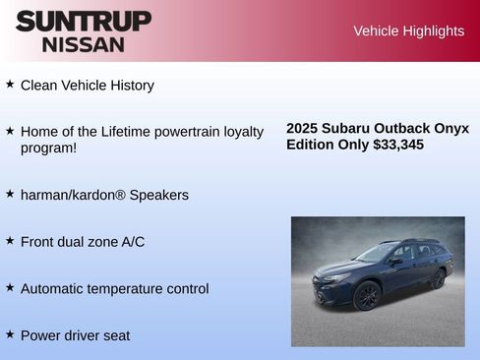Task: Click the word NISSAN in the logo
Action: pos(84,43)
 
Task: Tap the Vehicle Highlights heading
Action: pos(408,31)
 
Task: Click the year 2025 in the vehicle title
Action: pos(304,129)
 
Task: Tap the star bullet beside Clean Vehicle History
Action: pos(10,85)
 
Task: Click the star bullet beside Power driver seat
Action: pos(10,334)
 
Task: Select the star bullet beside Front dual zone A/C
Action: pos(10,240)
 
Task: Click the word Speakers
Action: pos(159,195)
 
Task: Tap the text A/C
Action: pos(131,241)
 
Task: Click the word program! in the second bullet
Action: pos(48,148)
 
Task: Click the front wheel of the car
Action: pos(367,295)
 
